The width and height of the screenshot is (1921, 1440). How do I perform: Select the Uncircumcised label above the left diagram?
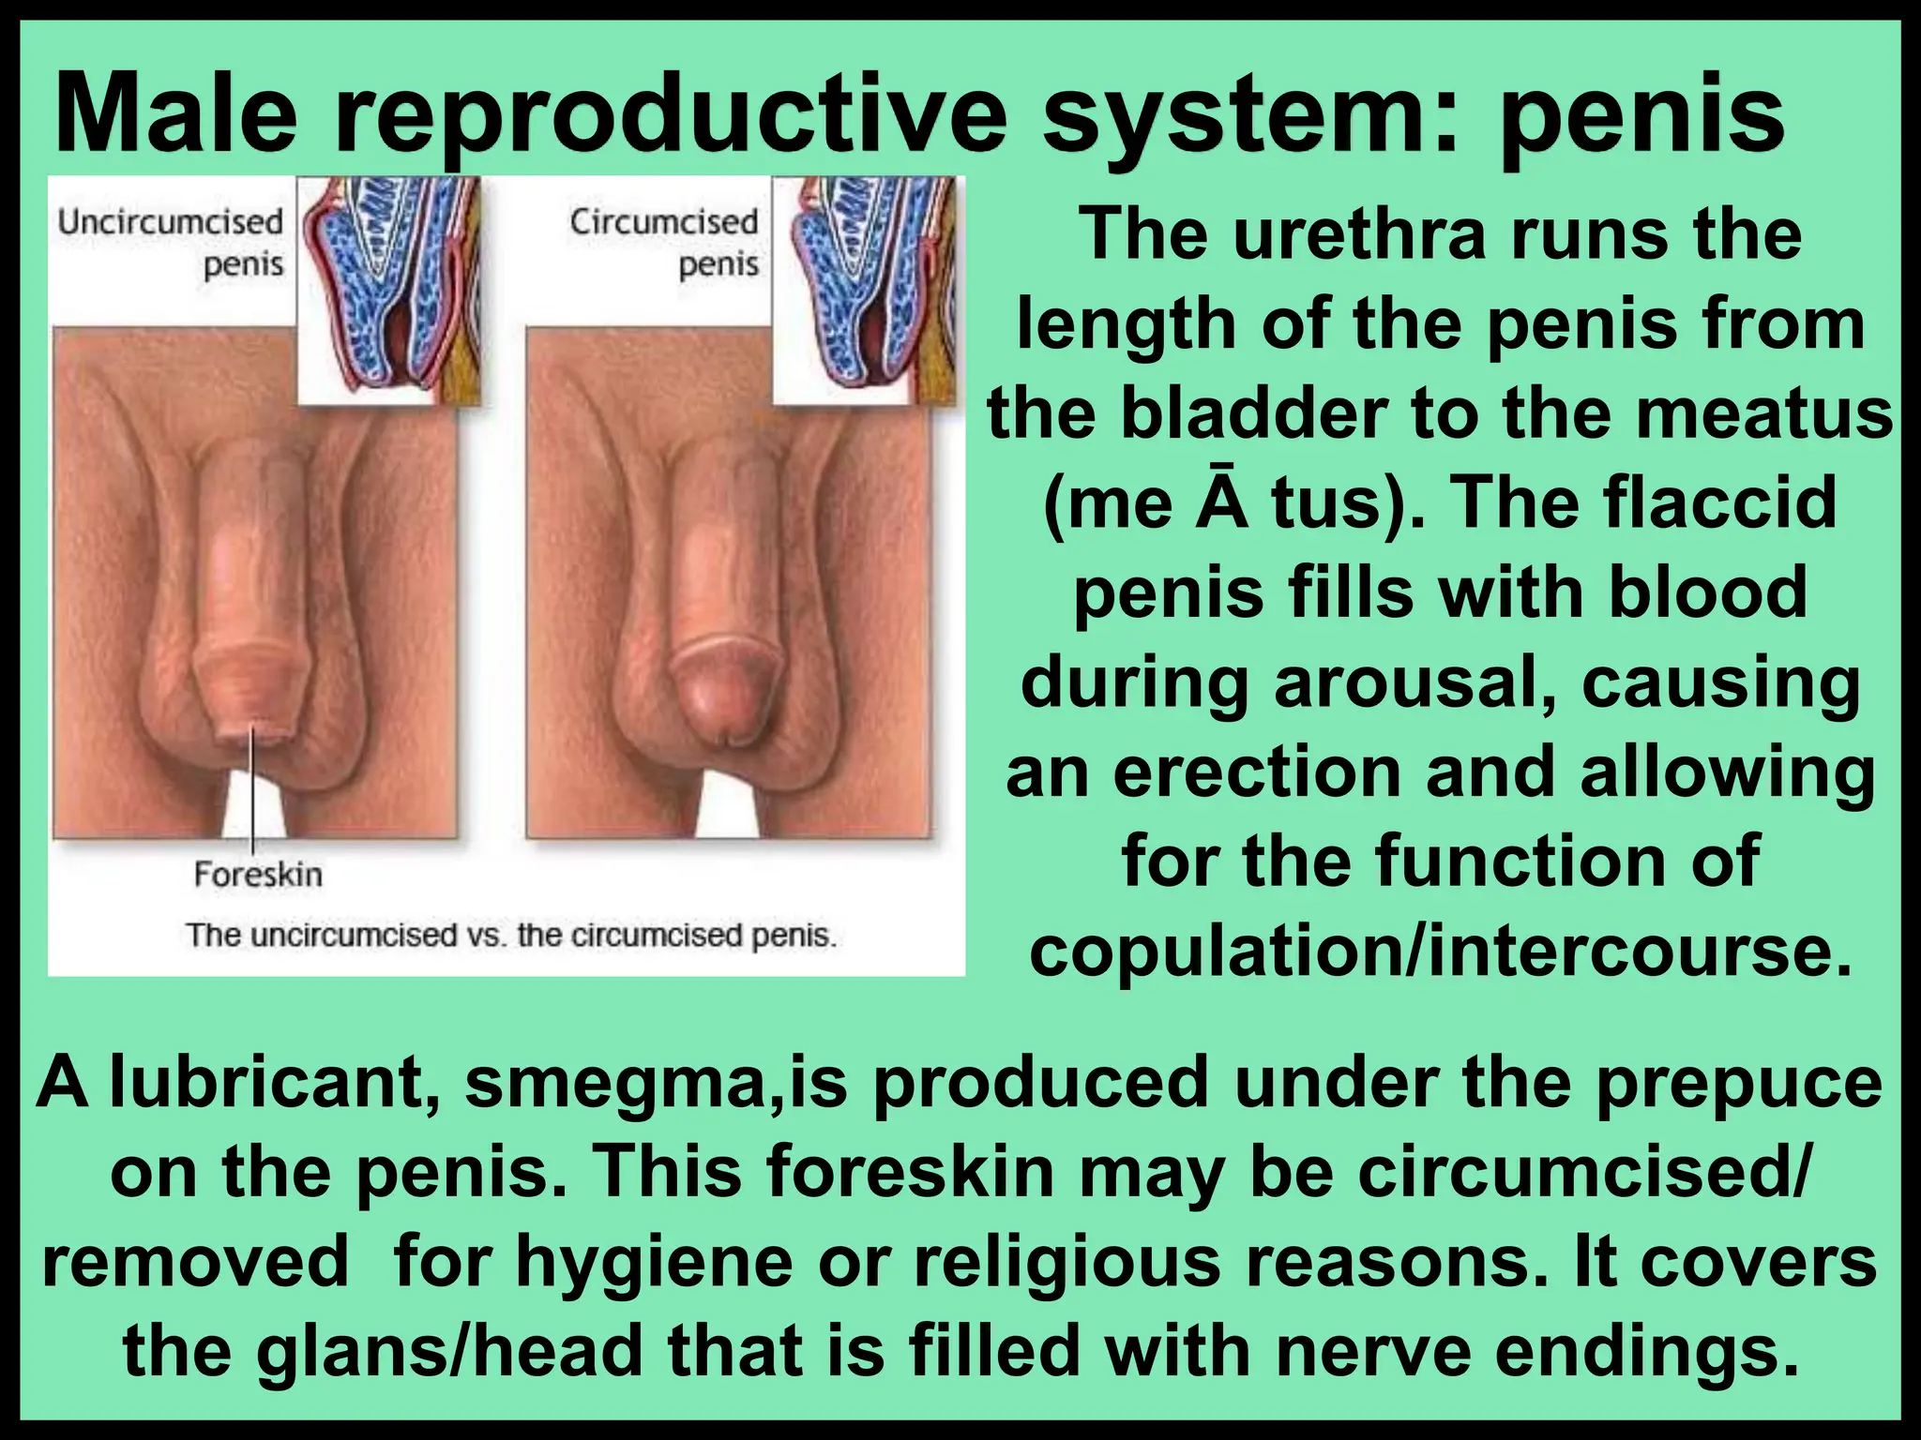170,223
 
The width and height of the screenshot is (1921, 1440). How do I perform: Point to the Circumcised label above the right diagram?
663,223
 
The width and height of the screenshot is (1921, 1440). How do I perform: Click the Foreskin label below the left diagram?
258,875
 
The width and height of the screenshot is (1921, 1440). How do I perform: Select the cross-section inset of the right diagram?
868,291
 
